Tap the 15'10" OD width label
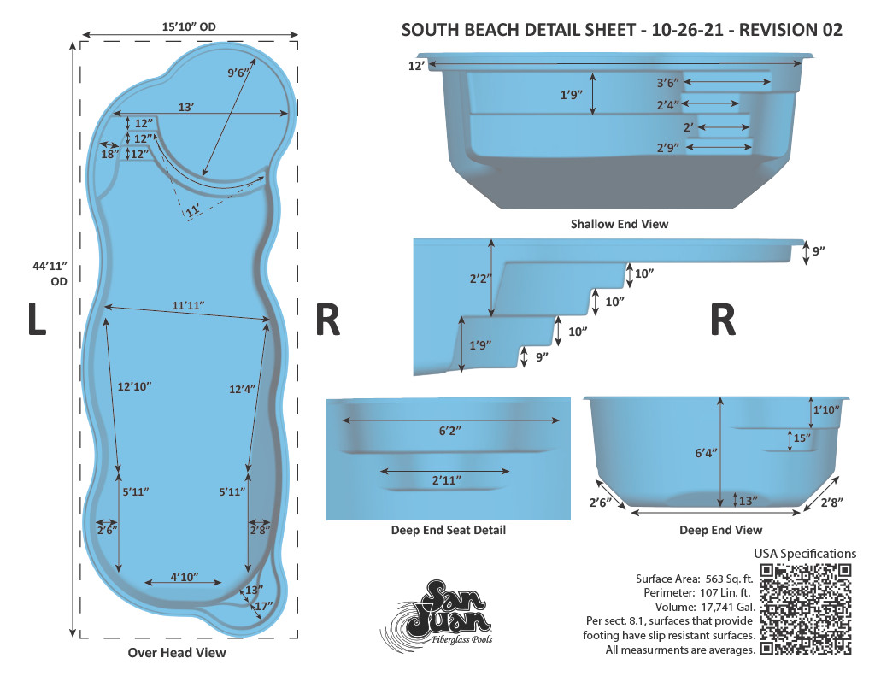(x=189, y=26)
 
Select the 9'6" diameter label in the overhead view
(x=238, y=73)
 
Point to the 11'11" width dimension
(x=188, y=305)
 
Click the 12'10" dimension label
(x=134, y=386)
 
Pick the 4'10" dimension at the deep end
(x=185, y=577)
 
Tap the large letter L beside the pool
(x=37, y=320)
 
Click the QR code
(x=806, y=609)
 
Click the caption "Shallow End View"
(x=620, y=224)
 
